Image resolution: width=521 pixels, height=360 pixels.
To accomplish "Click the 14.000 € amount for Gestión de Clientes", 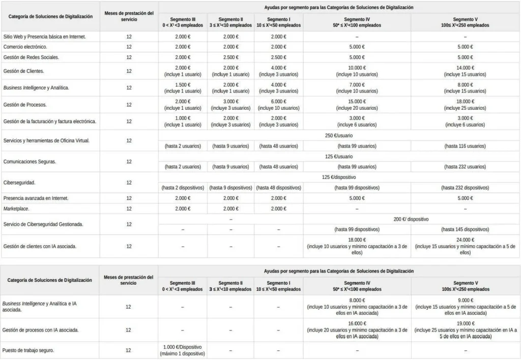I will [465, 68].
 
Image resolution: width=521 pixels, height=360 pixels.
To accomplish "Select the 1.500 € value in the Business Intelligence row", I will [183, 84].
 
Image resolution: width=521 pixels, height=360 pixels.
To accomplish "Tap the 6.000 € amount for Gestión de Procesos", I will [278, 101].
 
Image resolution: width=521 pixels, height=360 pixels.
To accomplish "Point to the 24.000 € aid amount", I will [465, 240].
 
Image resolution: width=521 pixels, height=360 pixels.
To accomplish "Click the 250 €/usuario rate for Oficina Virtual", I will [339, 135].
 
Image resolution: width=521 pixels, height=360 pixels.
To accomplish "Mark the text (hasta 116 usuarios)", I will [465, 146].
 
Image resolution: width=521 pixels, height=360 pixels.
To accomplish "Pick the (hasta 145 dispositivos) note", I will [465, 229].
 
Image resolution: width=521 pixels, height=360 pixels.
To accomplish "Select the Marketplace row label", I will [16, 208].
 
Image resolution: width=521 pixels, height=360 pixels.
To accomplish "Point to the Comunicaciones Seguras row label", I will [30, 161].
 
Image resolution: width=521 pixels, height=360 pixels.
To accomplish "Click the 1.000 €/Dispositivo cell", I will [183, 347].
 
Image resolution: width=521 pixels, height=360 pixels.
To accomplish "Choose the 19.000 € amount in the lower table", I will [465, 323].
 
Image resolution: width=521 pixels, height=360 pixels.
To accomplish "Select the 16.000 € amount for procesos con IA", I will [357, 323].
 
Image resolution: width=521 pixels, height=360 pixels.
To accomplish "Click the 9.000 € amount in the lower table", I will [465, 300].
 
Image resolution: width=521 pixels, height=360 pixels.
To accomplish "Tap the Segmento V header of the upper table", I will [465, 18].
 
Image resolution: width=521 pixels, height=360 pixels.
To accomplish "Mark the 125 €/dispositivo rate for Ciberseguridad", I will [339, 177].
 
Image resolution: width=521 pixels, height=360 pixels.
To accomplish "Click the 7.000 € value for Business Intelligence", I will [357, 84].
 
